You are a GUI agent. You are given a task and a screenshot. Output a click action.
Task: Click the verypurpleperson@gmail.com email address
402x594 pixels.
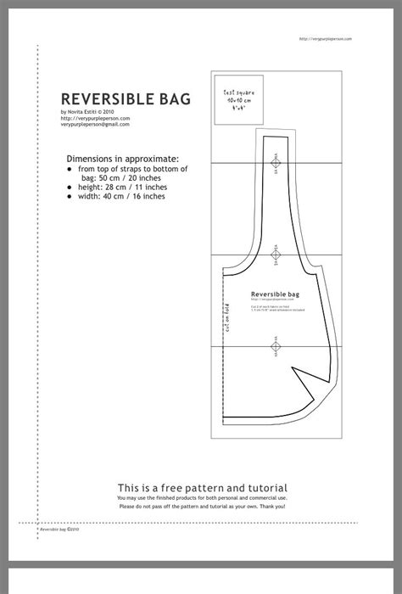(x=95, y=124)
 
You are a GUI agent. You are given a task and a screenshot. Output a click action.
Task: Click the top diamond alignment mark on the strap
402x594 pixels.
(x=275, y=161)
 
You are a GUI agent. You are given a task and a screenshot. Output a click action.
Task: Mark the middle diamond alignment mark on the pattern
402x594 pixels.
(x=275, y=254)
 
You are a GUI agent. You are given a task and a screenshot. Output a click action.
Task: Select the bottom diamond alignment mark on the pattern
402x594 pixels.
(x=275, y=345)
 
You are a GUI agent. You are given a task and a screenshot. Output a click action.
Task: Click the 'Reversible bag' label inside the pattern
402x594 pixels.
(x=275, y=294)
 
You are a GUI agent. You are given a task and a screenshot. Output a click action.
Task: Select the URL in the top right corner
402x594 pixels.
(x=327, y=39)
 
